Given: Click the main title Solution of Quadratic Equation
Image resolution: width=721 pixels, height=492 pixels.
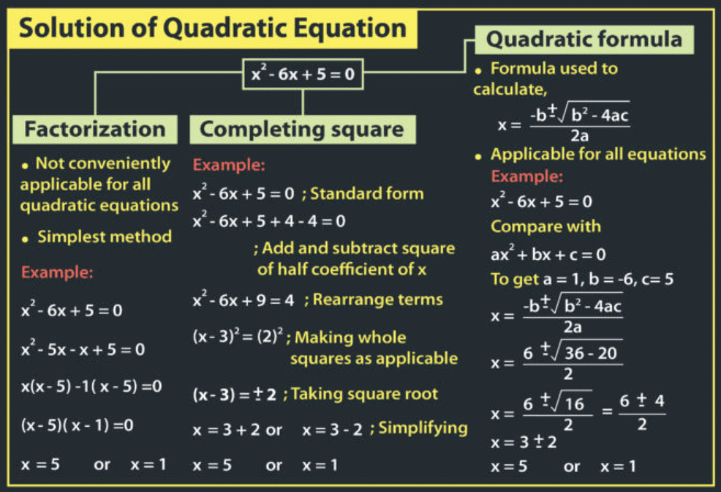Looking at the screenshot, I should pyautogui.click(x=212, y=29).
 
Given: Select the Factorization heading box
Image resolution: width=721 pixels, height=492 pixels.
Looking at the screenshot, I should pyautogui.click(x=95, y=130).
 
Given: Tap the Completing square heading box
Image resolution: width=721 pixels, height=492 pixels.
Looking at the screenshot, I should pyautogui.click(x=302, y=130).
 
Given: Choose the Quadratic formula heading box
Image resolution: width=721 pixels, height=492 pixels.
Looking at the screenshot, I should pyautogui.click(x=584, y=38).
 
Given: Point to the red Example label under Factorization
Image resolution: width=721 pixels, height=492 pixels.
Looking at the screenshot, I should pyautogui.click(x=57, y=273).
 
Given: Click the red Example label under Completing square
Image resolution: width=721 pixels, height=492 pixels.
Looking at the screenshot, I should pyautogui.click(x=229, y=165).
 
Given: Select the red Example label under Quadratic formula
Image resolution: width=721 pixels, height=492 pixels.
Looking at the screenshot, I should pyautogui.click(x=527, y=177).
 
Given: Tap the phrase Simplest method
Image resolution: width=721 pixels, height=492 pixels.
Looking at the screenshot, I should pyautogui.click(x=104, y=237).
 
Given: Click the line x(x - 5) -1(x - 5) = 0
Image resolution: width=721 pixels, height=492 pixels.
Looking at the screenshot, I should pyautogui.click(x=91, y=385).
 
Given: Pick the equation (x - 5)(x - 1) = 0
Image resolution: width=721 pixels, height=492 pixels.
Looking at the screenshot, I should pyautogui.click(x=77, y=425).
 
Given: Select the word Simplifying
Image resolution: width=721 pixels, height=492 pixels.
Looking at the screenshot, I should pyautogui.click(x=423, y=428).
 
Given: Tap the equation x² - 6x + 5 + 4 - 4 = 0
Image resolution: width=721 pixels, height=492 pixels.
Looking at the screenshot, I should pyautogui.click(x=269, y=220).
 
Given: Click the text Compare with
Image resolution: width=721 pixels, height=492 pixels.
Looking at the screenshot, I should pyautogui.click(x=546, y=226).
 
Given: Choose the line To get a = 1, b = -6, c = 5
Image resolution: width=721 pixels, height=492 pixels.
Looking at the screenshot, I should pyautogui.click(x=582, y=279).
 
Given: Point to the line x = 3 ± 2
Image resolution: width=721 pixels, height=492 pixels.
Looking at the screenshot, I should pyautogui.click(x=524, y=442).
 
